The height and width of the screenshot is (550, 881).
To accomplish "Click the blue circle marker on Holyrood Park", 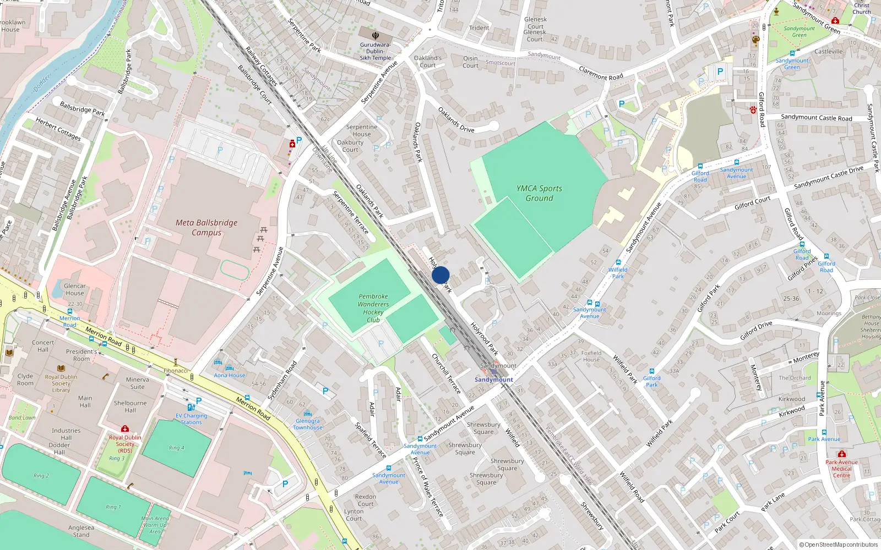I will tap(440, 275).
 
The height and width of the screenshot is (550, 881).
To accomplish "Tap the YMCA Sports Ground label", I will tap(539, 193).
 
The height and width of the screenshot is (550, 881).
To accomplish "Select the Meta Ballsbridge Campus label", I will tap(206, 227).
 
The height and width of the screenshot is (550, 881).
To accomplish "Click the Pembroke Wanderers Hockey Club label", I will tap(373, 308).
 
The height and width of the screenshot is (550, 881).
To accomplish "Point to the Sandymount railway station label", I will tap(494, 380).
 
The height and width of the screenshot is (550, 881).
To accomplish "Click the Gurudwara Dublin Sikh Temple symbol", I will tap(376, 36).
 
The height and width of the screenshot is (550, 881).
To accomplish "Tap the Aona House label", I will tap(229, 375).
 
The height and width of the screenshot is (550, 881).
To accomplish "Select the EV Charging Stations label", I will tap(192, 419).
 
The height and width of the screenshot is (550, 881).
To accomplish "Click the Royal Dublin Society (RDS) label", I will tap(125, 444).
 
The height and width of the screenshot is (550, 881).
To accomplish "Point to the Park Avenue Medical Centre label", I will tap(841, 469).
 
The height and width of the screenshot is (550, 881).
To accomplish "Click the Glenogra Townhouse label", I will tap(308, 424).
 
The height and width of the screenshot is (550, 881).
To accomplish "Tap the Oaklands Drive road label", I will tap(456, 119).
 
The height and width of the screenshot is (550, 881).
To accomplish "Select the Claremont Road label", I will tap(601, 73).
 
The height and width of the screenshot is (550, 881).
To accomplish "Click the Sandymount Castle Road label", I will tap(816, 118).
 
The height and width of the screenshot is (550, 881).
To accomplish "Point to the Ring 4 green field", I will tap(176, 448).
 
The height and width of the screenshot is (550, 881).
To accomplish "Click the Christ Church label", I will tap(862, 8).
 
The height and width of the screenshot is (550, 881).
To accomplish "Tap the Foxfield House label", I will tap(591, 356).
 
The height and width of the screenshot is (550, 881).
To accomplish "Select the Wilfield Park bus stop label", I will tap(618, 273).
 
